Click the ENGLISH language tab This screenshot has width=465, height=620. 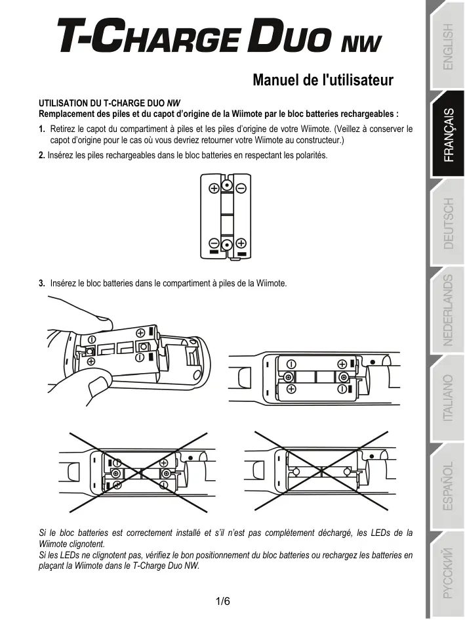[447, 47]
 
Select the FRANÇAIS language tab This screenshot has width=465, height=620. [447, 135]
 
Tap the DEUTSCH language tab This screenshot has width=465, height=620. [447, 223]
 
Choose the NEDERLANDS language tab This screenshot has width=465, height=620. [447, 311]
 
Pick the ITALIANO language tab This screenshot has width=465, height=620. [447, 398]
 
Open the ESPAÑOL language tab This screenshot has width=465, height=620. [447, 487]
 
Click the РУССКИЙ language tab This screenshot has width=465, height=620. [447, 573]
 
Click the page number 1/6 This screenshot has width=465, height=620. [222, 602]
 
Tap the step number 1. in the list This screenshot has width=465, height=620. [42, 129]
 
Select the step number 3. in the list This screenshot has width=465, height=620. [42, 284]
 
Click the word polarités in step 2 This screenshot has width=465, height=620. [311, 156]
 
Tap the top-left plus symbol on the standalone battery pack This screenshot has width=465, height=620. [214, 188]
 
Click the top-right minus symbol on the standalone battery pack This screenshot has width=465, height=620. [241, 188]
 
